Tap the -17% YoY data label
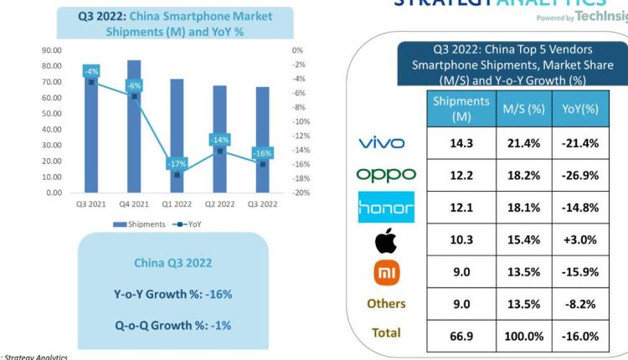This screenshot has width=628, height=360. point(177,164)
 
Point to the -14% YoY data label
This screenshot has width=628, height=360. point(220,140)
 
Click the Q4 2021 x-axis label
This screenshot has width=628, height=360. point(134,204)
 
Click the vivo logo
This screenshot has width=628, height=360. point(381,143)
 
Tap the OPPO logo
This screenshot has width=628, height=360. point(385,175)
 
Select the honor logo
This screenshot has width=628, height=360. point(385,207)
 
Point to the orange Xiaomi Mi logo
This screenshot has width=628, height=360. point(386,271)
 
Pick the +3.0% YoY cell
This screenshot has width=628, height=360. point(579,239)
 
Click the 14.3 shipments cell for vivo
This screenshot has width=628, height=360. point(460,143)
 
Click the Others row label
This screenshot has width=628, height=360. point(386,303)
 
